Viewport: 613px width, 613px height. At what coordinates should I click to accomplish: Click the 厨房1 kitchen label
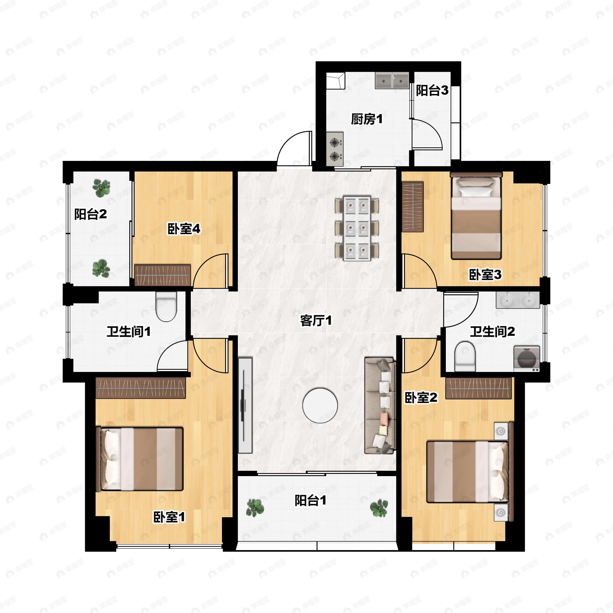pos(367,119)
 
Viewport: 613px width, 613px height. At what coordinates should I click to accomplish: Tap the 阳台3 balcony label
pos(432,90)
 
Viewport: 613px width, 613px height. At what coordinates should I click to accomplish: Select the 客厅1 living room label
pos(316,321)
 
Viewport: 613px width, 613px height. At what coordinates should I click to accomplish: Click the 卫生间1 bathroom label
pos(129,332)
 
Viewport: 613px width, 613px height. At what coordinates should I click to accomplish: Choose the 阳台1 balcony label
pos(310,500)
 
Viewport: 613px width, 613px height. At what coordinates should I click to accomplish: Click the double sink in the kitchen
pos(392,80)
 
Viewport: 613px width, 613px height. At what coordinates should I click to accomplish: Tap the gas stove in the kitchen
pos(335,149)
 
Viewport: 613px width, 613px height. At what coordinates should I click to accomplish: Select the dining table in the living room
pos(357,228)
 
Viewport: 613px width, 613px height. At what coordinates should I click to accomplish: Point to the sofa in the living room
pos(380,406)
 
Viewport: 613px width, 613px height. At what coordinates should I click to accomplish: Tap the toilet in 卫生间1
pos(166,306)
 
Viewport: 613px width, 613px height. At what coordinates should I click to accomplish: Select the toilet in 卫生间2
pos(465,356)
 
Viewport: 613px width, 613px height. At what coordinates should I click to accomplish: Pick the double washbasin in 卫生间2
pos(518,300)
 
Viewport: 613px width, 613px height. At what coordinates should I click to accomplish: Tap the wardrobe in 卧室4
pos(163,275)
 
